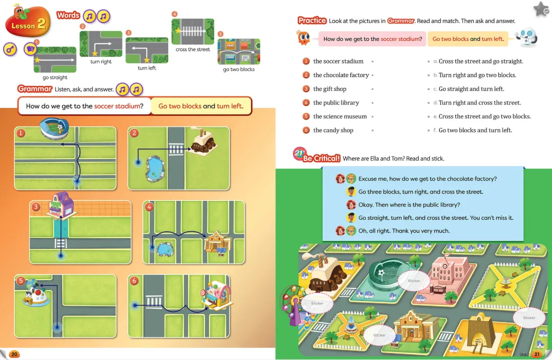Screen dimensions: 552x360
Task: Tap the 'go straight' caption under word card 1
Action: pos(55,78)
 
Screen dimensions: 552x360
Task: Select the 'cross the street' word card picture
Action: pos(193,31)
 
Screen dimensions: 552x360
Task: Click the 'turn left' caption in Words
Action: pos(147,68)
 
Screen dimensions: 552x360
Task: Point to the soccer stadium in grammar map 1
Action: pos(54,128)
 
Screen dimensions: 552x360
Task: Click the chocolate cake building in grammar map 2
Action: pos(204,142)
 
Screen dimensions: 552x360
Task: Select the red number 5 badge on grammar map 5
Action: pos(21,280)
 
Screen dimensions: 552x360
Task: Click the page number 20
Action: pos(14,354)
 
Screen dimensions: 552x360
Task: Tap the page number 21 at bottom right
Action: pos(537,354)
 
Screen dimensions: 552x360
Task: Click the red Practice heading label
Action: pos(312,21)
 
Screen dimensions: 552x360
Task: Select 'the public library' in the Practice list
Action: pos(336,102)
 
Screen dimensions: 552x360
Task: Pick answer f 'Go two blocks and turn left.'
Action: pos(475,130)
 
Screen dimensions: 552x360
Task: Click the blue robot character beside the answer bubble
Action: pos(526,38)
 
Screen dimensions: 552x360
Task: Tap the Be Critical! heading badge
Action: pos(317,155)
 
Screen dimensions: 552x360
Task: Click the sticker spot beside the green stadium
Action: pos(413,281)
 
